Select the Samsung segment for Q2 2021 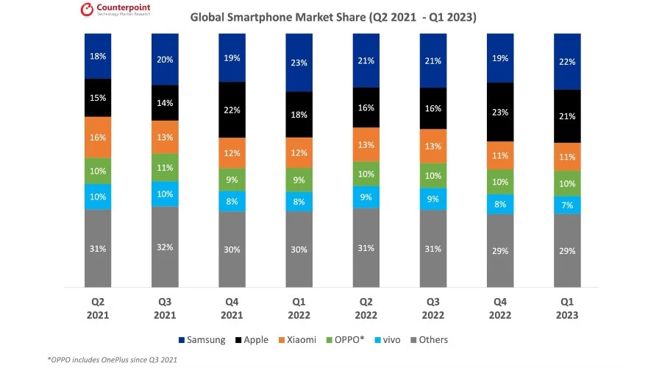coord(99,56)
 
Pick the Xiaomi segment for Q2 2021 coord(99,137)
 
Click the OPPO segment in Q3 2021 coord(165,167)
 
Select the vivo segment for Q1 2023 coord(567,205)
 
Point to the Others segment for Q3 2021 coord(165,247)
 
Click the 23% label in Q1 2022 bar coord(300,63)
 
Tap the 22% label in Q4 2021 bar coord(232,109)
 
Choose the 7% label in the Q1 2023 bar coord(567,205)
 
